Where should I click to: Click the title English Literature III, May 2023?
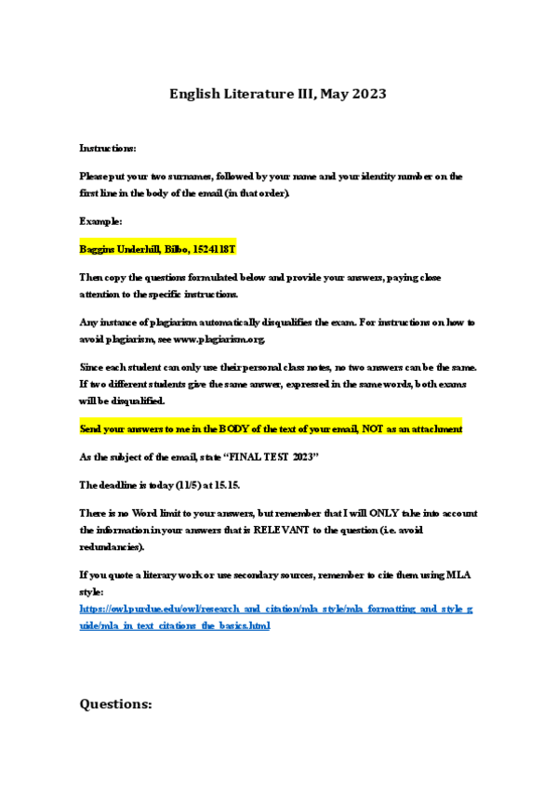pyautogui.click(x=277, y=94)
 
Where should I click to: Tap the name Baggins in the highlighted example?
pyautogui.click(x=100, y=250)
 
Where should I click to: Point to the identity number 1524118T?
pyautogui.click(x=214, y=250)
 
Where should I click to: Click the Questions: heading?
pyautogui.click(x=115, y=703)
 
